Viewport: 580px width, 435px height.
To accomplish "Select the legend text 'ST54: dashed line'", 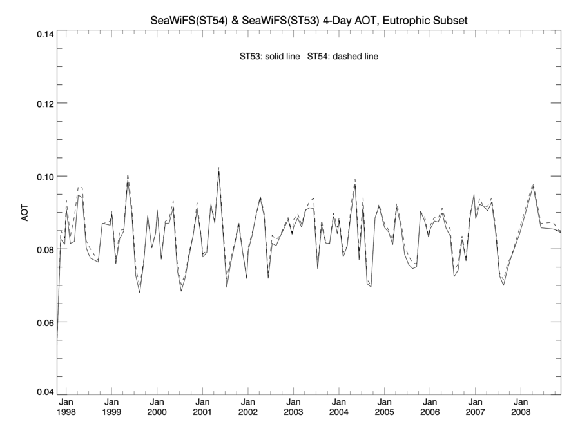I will tap(343, 57).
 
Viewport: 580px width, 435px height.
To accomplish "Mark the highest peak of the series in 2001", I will tap(219, 169).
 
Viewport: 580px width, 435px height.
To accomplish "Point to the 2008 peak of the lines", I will tap(533, 185).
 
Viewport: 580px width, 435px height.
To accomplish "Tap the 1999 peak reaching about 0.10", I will tap(128, 175).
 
